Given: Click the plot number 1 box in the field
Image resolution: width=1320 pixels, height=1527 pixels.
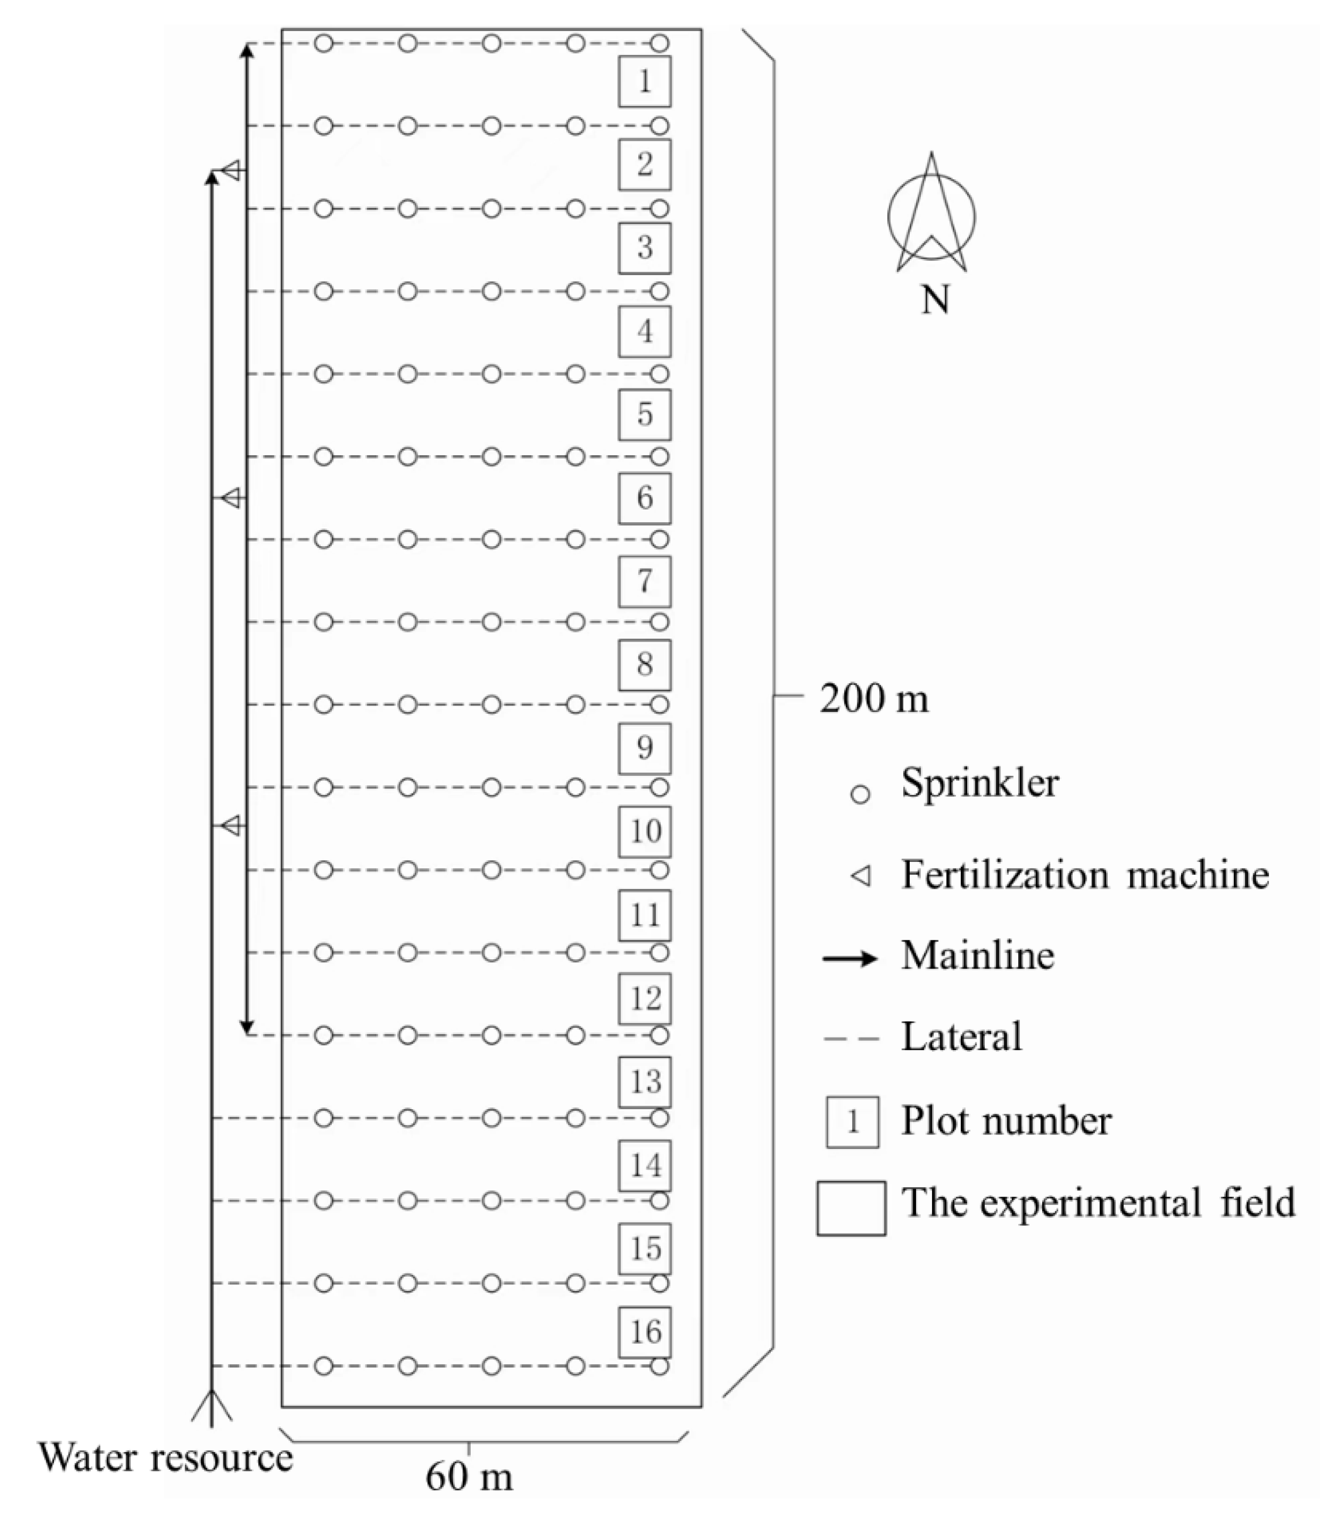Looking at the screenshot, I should pyautogui.click(x=644, y=81).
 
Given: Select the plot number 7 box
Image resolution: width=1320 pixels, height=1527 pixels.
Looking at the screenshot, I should pyautogui.click(x=644, y=581).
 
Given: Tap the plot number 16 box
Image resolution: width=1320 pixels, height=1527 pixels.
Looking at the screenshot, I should pyautogui.click(x=644, y=1332).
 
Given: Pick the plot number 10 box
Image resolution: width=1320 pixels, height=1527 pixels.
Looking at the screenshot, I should pyautogui.click(x=644, y=832).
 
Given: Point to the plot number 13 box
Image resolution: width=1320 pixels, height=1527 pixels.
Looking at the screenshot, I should pyautogui.click(x=644, y=1082).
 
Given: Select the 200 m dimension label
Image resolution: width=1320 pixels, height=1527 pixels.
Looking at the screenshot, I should pyautogui.click(x=874, y=698).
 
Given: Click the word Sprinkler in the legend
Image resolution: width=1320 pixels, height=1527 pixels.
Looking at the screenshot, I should pyautogui.click(x=979, y=783).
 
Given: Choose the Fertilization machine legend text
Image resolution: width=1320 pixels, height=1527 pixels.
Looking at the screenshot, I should pyautogui.click(x=1085, y=875).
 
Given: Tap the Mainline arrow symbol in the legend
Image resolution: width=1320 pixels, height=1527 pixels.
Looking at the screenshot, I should pyautogui.click(x=850, y=958).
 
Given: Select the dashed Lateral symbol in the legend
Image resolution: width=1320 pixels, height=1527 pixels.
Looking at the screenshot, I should pyautogui.click(x=851, y=1039).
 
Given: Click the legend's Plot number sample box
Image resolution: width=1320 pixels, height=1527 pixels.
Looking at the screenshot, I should pyautogui.click(x=852, y=1122).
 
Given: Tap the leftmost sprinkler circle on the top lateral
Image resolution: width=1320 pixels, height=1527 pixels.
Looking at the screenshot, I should pyautogui.click(x=324, y=43).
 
